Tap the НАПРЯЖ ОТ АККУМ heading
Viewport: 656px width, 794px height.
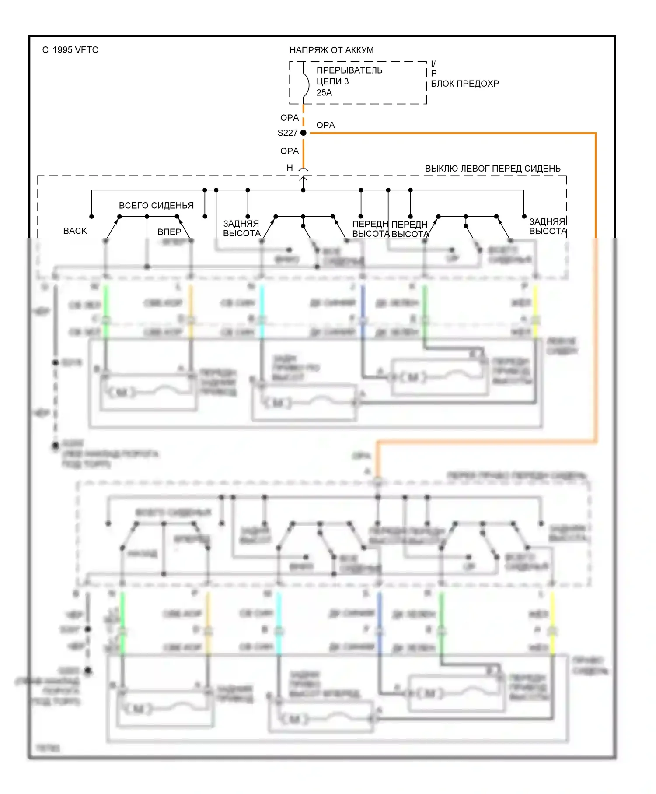click(331, 50)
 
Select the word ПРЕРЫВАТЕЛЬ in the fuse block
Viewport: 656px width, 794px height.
click(349, 70)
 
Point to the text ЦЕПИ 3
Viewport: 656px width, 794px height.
click(332, 81)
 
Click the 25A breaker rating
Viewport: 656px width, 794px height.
click(324, 93)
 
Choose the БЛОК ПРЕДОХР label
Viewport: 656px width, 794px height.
click(464, 84)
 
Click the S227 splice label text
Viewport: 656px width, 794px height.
click(287, 133)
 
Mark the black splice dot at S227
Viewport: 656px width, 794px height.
click(304, 133)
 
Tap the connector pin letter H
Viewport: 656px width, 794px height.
click(290, 168)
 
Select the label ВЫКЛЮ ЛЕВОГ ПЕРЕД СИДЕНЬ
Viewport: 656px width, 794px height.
click(492, 169)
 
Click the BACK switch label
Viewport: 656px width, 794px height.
click(75, 231)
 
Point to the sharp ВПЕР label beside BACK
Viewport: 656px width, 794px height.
click(169, 232)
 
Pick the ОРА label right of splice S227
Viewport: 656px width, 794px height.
click(325, 125)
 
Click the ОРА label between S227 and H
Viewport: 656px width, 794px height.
click(290, 151)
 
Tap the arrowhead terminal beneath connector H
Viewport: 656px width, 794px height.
click(303, 179)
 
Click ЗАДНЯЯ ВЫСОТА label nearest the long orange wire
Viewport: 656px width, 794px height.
click(548, 226)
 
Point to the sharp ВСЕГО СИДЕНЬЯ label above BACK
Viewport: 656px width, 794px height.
click(156, 206)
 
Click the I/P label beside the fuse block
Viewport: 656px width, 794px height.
click(433, 69)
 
